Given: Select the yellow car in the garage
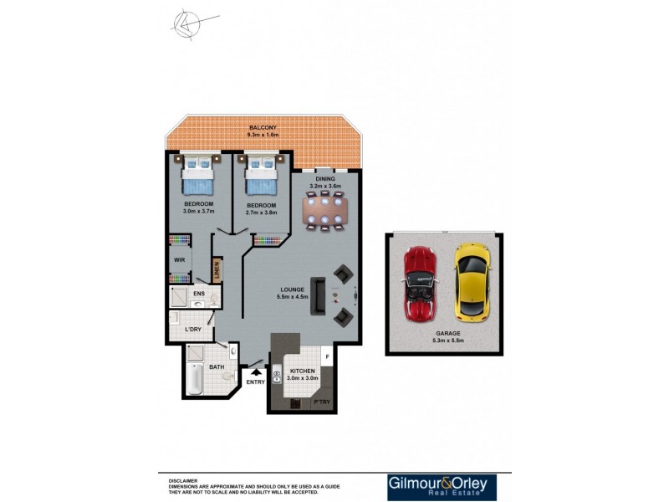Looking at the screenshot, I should (472, 282).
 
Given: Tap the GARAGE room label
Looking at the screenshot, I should (447, 333).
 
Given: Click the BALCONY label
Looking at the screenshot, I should (263, 127).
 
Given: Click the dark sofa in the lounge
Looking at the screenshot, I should (318, 295).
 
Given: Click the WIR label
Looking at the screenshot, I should (179, 260).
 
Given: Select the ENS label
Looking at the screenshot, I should (199, 295).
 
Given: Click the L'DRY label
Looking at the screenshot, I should (193, 330).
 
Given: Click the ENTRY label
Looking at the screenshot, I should (255, 382).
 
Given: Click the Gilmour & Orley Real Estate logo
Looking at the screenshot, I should (442, 487).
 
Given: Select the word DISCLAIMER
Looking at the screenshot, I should (183, 481).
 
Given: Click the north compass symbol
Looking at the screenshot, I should (189, 24).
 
